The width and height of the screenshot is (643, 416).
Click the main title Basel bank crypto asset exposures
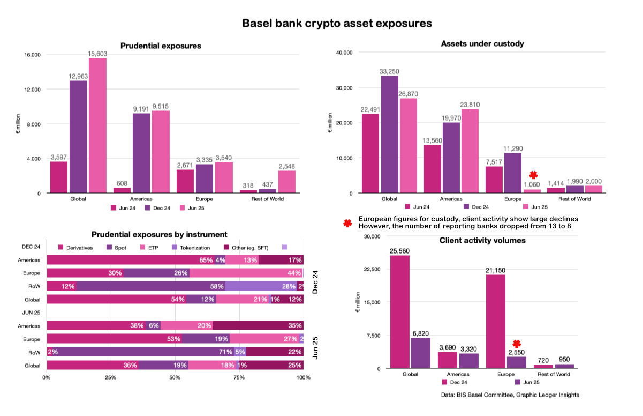click(337, 24)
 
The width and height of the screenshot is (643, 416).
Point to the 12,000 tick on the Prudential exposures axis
click(33, 90)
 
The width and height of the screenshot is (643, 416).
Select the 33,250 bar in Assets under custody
click(389, 134)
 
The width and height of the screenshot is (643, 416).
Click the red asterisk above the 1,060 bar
click(533, 175)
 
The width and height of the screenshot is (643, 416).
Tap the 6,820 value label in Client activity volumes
click(420, 333)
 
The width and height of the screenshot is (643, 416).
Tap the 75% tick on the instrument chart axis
click(239, 377)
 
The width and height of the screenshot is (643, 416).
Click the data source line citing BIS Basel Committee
click(510, 395)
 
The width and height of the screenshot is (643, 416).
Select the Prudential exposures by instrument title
click(159, 235)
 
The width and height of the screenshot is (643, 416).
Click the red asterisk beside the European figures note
click(348, 223)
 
